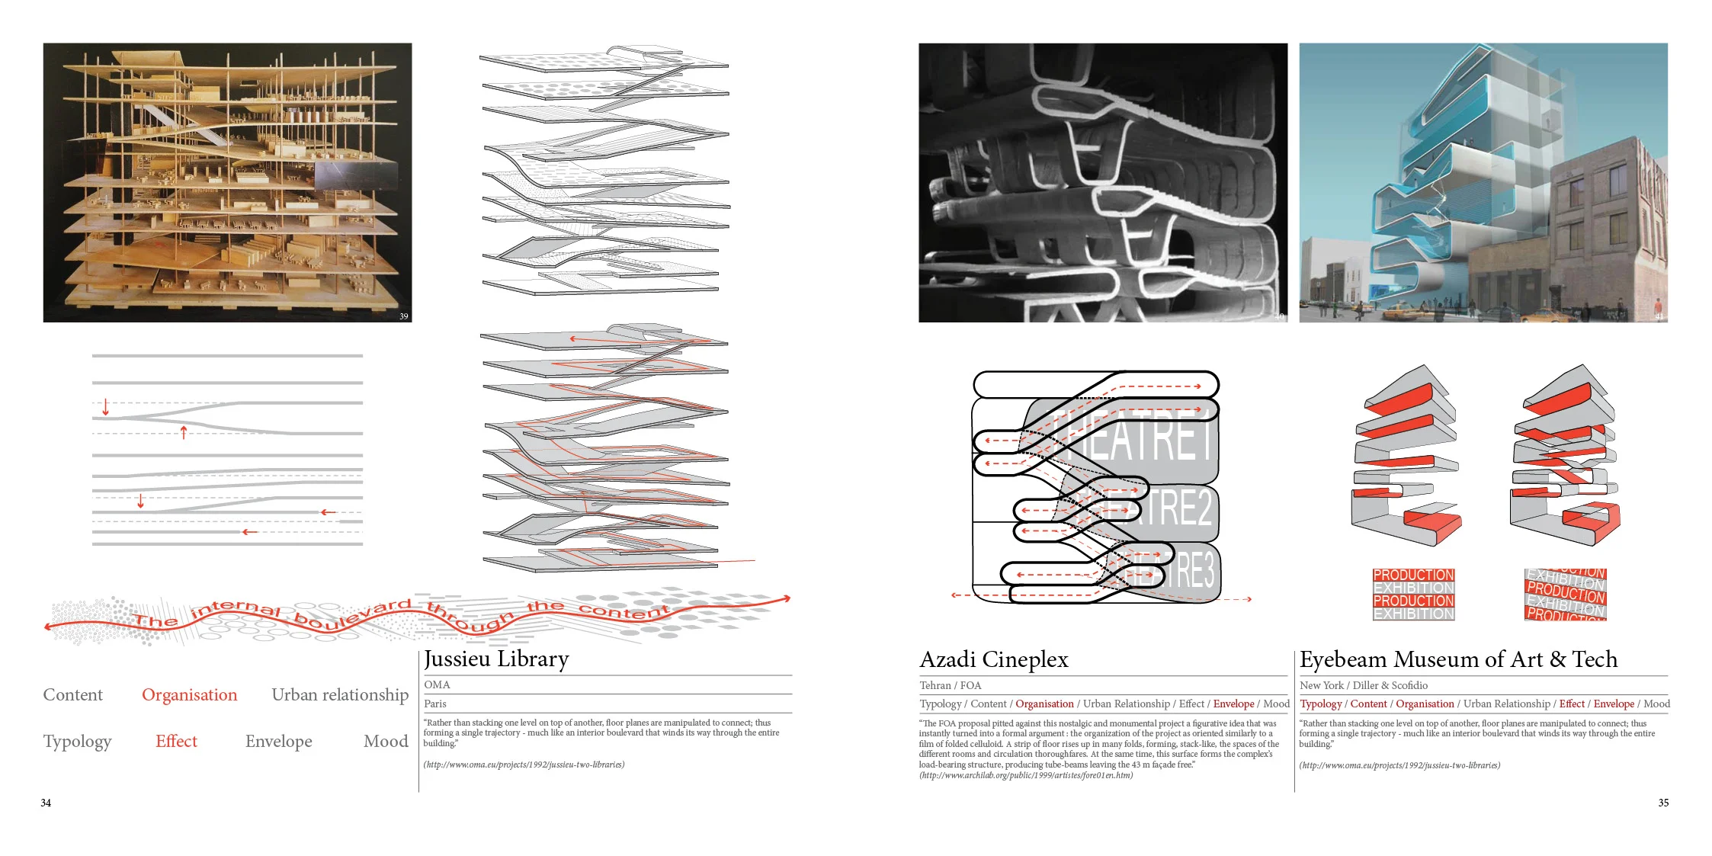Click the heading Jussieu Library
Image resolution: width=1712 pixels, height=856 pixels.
point(496,659)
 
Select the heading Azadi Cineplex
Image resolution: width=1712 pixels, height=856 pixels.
point(994,659)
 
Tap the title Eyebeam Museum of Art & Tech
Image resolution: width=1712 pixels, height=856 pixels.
point(1458,659)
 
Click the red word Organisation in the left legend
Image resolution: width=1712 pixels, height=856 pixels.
point(189,695)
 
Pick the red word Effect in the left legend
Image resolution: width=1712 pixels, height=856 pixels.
point(176,742)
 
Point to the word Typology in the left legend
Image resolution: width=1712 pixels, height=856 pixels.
point(77,742)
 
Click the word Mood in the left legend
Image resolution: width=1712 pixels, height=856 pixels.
point(386,742)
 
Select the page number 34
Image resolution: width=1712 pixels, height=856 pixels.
point(46,803)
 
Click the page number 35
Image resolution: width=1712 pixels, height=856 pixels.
point(1663,803)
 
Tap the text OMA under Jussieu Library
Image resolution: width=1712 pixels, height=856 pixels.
point(437,684)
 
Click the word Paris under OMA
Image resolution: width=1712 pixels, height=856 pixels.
point(435,704)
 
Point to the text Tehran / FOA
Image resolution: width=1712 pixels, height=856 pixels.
point(950,685)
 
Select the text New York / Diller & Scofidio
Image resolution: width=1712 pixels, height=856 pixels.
point(1364,685)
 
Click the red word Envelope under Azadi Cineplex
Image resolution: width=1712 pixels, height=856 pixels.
point(1233,704)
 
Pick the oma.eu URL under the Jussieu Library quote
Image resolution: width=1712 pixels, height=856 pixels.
point(524,765)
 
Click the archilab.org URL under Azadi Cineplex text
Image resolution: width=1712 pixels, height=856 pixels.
point(1026,775)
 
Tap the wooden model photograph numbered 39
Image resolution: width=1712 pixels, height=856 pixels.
point(227,183)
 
